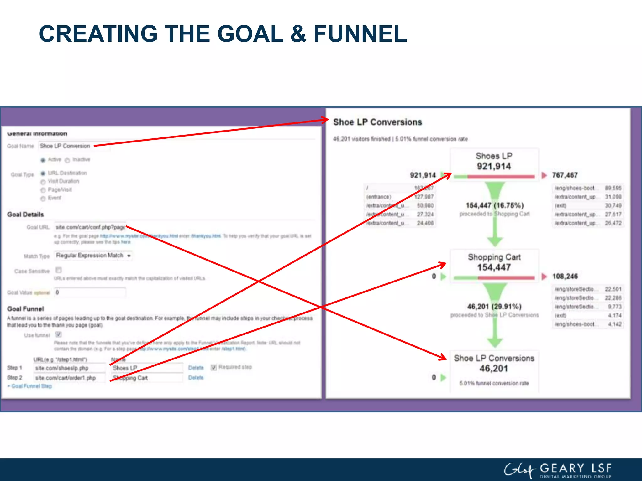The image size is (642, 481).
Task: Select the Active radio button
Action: [x=43, y=160]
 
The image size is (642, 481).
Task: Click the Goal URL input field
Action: [x=90, y=227]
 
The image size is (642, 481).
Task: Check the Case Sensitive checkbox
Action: [x=59, y=270]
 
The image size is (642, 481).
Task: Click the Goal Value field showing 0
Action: [x=90, y=292]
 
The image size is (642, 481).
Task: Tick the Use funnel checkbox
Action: [x=59, y=334]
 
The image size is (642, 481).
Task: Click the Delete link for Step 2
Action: [x=196, y=378]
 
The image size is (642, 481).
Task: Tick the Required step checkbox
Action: [x=214, y=367]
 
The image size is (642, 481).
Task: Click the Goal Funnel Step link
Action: [x=31, y=386]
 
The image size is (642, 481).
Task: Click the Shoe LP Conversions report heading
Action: [x=377, y=122]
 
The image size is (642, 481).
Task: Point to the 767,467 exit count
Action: [x=565, y=175]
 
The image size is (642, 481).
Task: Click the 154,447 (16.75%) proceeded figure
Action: [x=494, y=205]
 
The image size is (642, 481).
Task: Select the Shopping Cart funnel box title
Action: [x=494, y=257]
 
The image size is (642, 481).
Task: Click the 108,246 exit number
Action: [x=565, y=276]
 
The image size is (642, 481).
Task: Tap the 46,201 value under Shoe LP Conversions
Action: [x=493, y=369]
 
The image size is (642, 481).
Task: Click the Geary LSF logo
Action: [x=558, y=470]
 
